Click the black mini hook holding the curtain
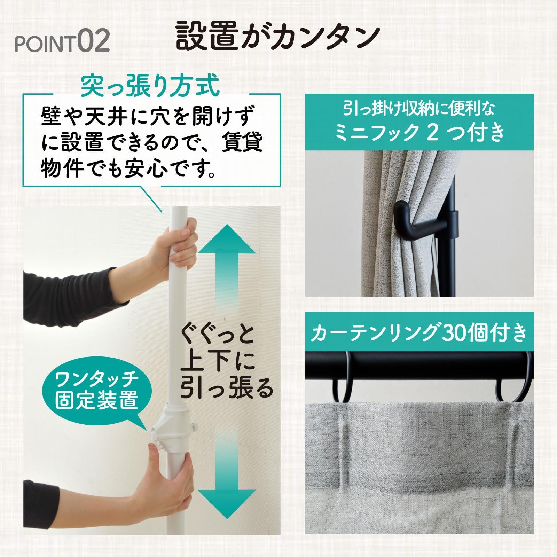[x=411, y=227]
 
